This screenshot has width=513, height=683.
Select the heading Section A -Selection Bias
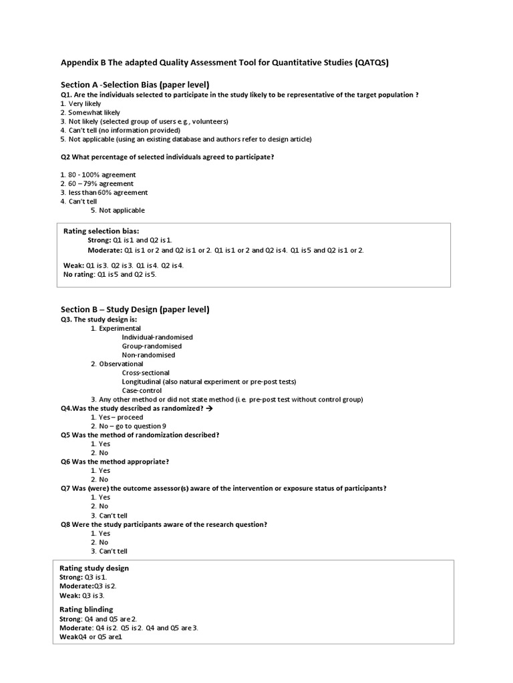136,84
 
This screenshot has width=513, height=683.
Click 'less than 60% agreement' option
108,193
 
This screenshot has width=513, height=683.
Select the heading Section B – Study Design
135,309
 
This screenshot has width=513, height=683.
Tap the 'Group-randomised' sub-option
152,346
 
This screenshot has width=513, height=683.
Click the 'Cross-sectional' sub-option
146,373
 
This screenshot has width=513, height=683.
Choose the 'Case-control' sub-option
142,390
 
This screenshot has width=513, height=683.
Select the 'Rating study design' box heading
94,568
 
